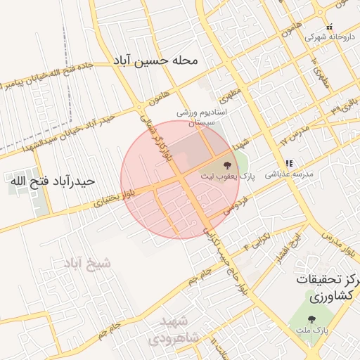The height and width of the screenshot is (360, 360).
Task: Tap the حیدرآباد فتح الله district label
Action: [x=52, y=181]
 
